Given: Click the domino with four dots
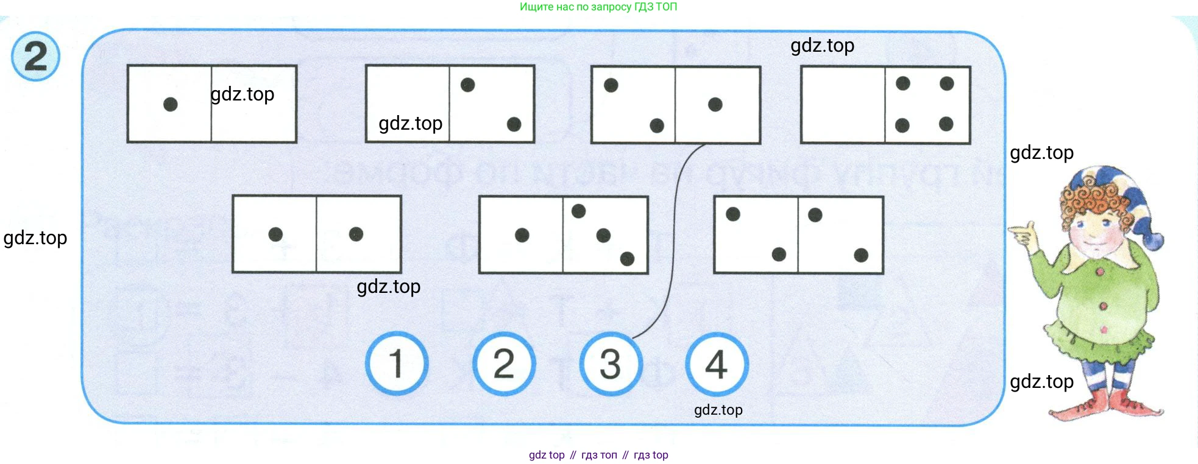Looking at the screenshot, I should click(885, 105).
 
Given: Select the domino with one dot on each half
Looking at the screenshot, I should click(316, 234).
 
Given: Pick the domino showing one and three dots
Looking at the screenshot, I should click(563, 234).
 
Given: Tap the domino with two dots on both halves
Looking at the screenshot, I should click(798, 234).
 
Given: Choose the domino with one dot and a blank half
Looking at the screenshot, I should click(211, 104).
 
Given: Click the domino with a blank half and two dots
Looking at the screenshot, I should click(450, 104).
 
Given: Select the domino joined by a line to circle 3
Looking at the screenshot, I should click(675, 105).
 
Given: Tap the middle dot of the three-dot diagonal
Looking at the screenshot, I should click(603, 235).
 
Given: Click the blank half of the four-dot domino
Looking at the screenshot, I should click(843, 105).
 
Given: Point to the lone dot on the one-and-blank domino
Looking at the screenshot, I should click(171, 104).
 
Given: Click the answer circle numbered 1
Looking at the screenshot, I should click(397, 364).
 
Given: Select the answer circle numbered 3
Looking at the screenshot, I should click(610, 364).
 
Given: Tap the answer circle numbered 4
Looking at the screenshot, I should click(717, 364).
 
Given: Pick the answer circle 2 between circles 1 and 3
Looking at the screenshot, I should click(504, 364).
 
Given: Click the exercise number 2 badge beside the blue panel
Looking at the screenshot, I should click(36, 57).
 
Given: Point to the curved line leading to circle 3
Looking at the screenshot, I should click(674, 244).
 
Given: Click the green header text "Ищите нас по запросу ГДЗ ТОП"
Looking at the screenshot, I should click(598, 7).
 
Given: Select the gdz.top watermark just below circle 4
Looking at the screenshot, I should click(718, 410).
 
